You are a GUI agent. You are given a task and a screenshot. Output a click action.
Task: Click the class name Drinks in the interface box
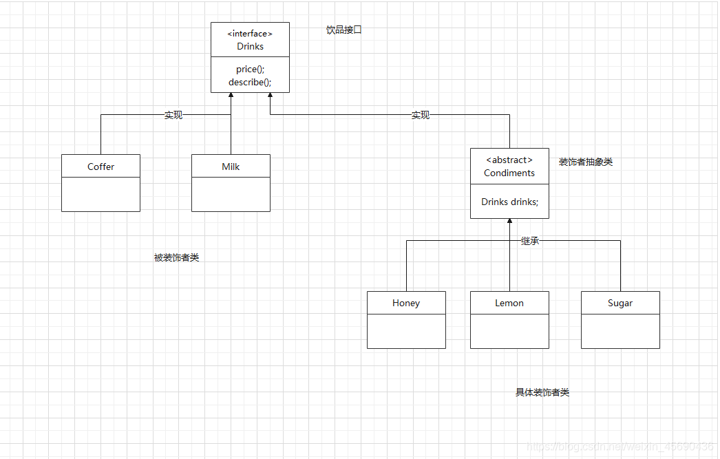pos(250,47)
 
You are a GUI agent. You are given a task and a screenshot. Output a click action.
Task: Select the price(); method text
pos(250,70)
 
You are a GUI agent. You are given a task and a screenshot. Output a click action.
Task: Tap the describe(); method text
pos(250,83)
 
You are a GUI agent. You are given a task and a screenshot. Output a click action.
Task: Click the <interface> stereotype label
pos(250,34)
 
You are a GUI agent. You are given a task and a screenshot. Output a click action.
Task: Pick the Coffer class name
pos(100,167)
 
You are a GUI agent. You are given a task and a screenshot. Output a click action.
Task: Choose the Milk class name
pos(231,167)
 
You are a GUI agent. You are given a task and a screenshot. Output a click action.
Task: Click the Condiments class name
pos(509,173)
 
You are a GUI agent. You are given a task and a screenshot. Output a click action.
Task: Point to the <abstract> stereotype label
pos(509,160)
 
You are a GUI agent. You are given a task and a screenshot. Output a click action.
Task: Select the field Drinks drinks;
pos(509,202)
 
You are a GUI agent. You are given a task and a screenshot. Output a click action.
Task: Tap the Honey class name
pos(406,303)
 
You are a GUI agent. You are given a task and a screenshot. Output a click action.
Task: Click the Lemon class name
pos(509,303)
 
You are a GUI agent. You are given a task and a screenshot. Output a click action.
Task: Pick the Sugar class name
pos(620,303)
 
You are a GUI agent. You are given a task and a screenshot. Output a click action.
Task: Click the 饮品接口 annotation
pos(344,30)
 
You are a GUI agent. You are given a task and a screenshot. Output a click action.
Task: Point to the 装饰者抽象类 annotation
pos(586,162)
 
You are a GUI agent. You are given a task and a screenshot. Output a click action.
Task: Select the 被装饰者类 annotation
pos(177,258)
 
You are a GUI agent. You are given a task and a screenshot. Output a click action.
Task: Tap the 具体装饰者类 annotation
pos(542,392)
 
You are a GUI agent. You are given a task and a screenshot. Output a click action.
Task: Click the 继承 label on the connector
pos(530,241)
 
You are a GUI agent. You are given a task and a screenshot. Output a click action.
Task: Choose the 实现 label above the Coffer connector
pos(173,116)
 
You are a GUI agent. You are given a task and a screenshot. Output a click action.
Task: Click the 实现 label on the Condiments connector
pos(421,116)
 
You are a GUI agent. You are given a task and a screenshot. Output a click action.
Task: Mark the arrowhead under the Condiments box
pos(509,222)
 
